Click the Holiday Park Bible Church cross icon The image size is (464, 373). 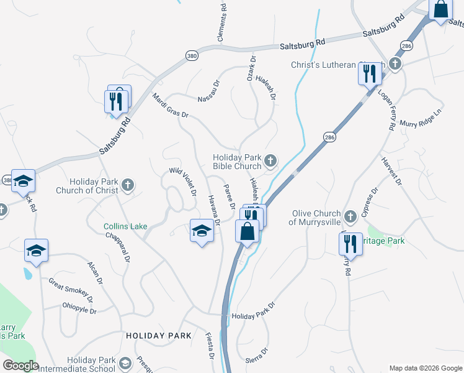270,161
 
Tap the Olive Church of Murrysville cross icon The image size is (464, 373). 350,216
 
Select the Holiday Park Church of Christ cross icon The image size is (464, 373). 127,185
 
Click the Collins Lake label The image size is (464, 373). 125,226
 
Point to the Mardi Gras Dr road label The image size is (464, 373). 169,105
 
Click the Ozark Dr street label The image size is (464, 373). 251,68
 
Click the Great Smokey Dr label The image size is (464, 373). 71,290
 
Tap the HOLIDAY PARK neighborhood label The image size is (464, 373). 159,336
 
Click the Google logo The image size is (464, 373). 20,366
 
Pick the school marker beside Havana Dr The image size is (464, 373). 202,231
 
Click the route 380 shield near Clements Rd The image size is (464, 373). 191,55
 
